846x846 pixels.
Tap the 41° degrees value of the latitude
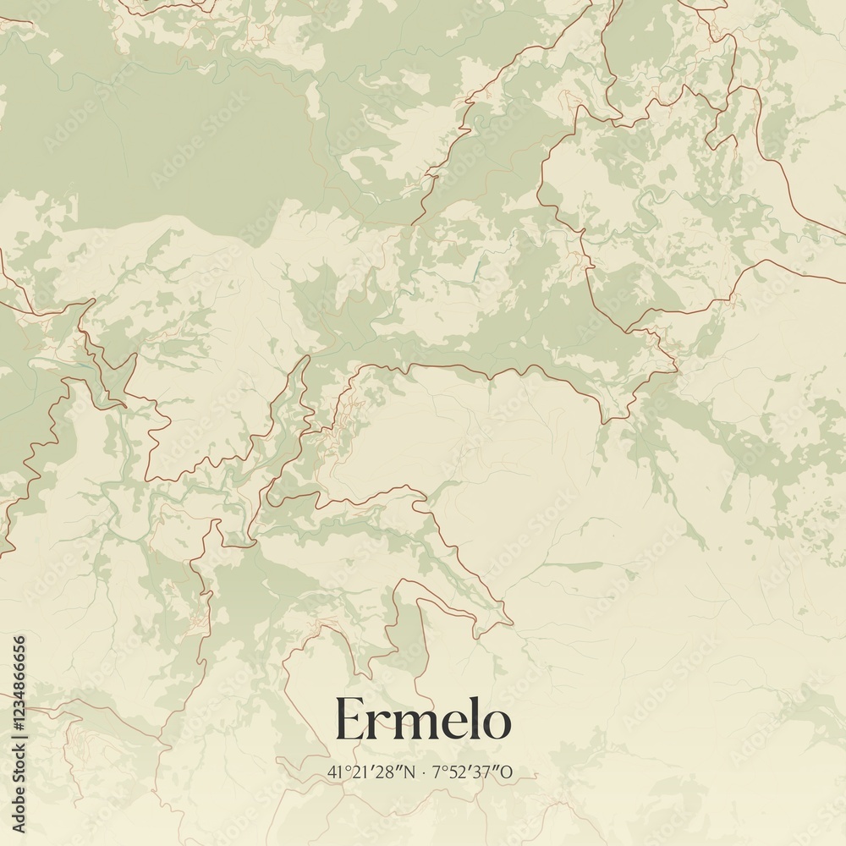[x=334, y=772]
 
